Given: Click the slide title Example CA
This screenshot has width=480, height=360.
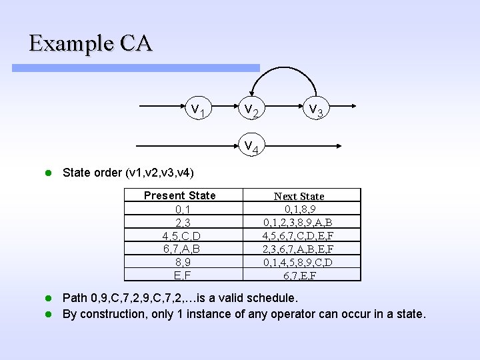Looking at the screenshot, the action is [91, 43].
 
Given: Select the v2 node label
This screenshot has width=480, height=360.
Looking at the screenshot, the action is [251, 109].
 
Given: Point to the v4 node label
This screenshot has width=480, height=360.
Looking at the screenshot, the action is [251, 145].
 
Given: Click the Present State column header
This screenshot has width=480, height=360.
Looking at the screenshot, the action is [179, 195].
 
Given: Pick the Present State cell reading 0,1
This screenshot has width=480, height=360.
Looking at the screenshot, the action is [179, 209].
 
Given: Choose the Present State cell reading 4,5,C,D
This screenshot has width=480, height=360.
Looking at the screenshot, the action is [179, 235].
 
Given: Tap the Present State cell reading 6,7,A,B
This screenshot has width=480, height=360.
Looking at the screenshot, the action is [179, 248].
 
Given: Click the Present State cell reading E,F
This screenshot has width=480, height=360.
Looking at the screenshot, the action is [179, 274].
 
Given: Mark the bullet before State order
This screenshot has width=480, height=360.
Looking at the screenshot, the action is [48, 173].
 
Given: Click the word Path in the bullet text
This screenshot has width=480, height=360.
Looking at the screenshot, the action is [74, 297].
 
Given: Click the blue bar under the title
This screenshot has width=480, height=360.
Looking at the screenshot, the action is [136, 68].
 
